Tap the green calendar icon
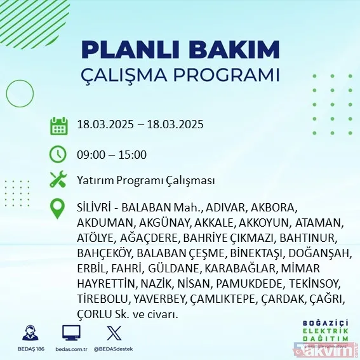[58, 125]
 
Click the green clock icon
[58, 154]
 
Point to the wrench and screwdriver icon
[58, 180]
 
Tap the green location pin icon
[58, 209]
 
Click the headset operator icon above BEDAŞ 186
[29, 332]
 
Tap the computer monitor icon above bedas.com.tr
[70, 332]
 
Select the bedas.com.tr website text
[71, 349]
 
